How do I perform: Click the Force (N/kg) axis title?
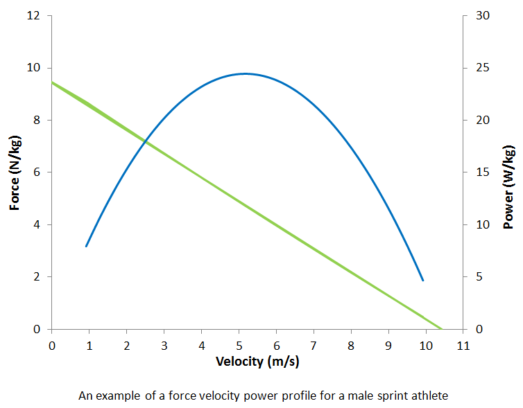15,172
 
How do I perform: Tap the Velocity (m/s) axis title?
258,361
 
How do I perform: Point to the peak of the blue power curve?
245,73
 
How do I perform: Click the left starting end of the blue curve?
86,246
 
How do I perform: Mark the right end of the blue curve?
422,281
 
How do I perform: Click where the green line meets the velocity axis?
441,329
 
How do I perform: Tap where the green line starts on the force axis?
52,82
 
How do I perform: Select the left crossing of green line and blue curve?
145,141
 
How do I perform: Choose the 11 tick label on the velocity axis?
463,344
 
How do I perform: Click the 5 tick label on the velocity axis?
239,344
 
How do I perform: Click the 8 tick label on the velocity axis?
352,344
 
